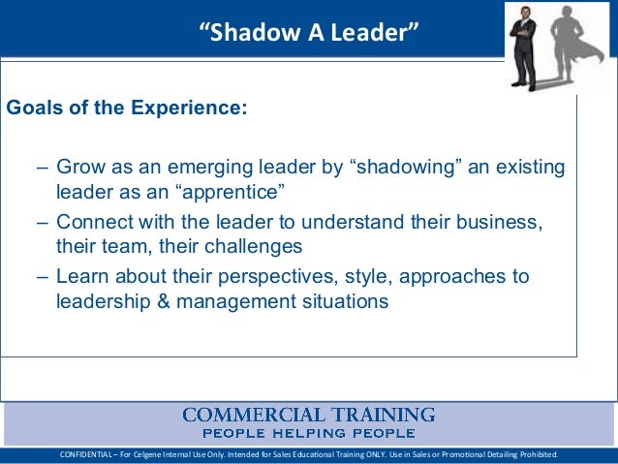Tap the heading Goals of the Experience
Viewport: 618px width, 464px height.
coord(127,107)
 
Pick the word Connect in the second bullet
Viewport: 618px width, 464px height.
coord(94,223)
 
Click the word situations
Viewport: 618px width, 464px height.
coord(344,301)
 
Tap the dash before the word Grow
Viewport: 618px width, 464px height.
coord(44,168)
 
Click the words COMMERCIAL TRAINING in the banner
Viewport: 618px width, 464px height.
coord(309,415)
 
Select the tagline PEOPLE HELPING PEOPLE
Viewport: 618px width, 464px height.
coord(309,433)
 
